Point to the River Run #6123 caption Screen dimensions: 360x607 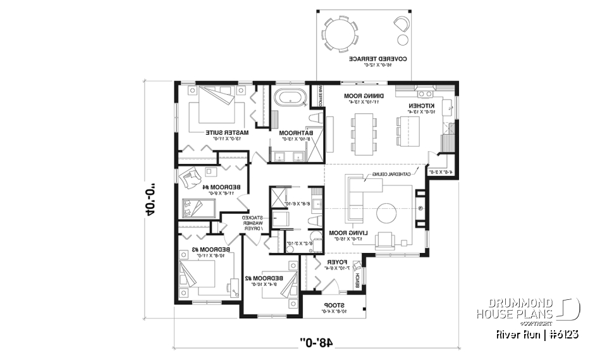tap(537, 334)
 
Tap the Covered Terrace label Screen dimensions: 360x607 tap(377, 61)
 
